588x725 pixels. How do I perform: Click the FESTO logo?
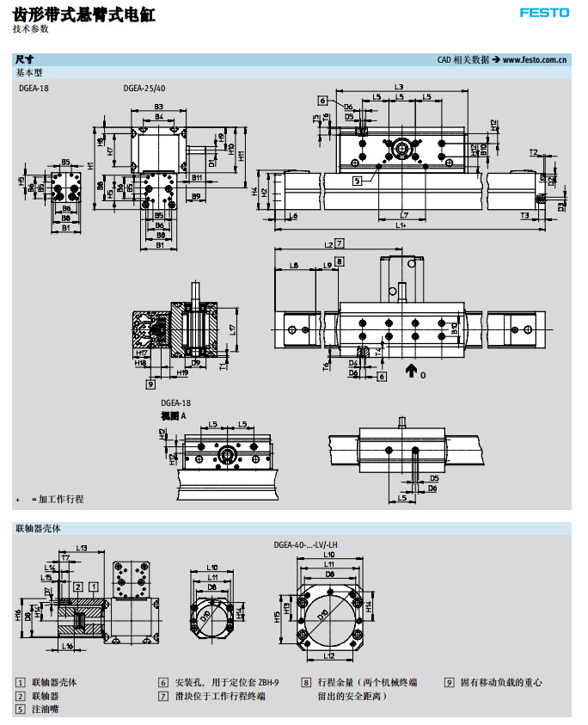[x=544, y=12]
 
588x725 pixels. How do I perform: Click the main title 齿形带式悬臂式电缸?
[x=85, y=14]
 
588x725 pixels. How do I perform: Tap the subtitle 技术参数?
[x=31, y=29]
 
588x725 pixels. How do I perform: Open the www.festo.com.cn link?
[x=535, y=60]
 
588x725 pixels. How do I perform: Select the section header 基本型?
[x=29, y=73]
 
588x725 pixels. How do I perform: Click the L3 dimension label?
[x=399, y=87]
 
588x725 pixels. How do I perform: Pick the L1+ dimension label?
[x=401, y=225]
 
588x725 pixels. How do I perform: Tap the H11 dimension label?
[x=242, y=155]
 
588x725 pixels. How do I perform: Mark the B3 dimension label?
[x=158, y=107]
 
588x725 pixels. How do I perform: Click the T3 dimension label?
[x=525, y=215]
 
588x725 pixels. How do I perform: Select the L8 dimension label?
[x=294, y=266]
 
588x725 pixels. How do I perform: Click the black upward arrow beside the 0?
[x=411, y=372]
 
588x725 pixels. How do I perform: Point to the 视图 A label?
[x=173, y=415]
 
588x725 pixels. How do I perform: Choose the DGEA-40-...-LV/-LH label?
[x=305, y=544]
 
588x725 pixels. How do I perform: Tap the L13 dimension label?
[x=83, y=547]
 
